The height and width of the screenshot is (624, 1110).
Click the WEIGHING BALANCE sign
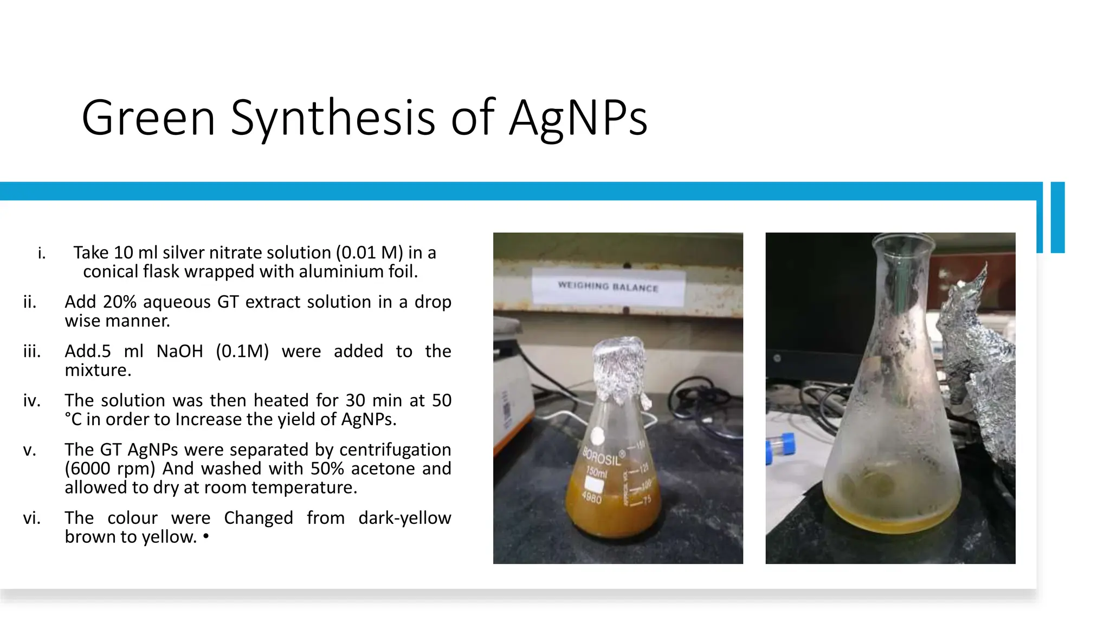608,286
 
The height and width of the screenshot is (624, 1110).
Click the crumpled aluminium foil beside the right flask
976,368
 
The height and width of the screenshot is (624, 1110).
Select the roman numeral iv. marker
31,401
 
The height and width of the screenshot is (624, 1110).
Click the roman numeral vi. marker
31,518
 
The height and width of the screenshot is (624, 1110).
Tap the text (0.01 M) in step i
369,253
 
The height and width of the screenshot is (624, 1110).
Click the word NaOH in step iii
179,352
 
